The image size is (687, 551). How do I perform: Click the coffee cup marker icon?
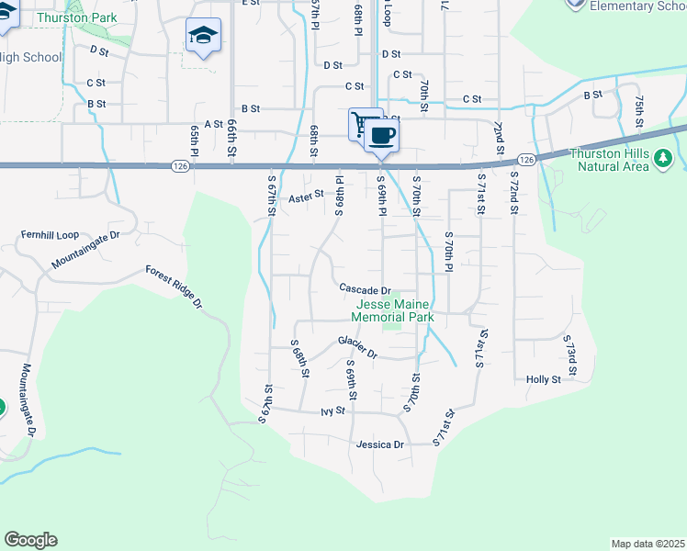[x=382, y=136]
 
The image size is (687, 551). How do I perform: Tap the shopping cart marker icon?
[x=364, y=123]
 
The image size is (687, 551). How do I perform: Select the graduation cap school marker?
[x=203, y=36]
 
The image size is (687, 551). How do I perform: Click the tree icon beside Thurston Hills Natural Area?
[x=664, y=161]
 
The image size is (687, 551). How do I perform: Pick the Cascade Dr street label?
[x=365, y=288]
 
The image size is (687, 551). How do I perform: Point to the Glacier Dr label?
[x=358, y=346]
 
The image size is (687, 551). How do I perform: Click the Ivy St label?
[x=332, y=410]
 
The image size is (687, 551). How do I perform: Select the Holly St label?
[x=543, y=379]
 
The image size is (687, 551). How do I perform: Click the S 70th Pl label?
[x=449, y=252]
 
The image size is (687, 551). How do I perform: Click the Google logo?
[x=30, y=540]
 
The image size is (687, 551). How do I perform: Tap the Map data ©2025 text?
[x=648, y=544]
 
